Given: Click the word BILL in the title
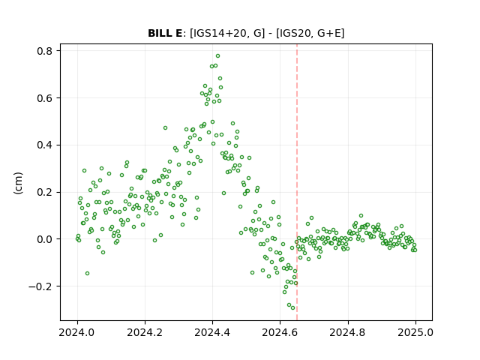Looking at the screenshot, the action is click(x=158, y=33).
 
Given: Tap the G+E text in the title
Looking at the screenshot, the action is click(x=331, y=33).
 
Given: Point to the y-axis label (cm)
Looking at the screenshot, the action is click(x=18, y=183).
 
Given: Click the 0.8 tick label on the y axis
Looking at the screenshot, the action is click(x=44, y=51).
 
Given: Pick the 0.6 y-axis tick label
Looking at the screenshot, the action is click(x=44, y=98).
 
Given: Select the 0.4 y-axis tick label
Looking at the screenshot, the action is click(x=44, y=145).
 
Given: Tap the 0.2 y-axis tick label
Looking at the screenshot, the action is click(x=44, y=192).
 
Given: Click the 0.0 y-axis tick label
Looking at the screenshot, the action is click(x=44, y=239).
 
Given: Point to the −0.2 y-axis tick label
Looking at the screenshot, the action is click(x=40, y=286).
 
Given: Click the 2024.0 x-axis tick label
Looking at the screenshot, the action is click(x=77, y=332).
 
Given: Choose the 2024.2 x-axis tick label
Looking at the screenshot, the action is click(x=145, y=332).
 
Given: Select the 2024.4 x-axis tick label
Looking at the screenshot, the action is click(x=212, y=332).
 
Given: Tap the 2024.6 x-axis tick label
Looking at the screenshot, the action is click(x=280, y=332).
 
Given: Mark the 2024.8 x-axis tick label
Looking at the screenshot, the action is click(x=348, y=332).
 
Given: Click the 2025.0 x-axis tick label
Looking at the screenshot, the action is click(x=415, y=332).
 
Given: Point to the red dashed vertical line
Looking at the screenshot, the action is click(x=297, y=182).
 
